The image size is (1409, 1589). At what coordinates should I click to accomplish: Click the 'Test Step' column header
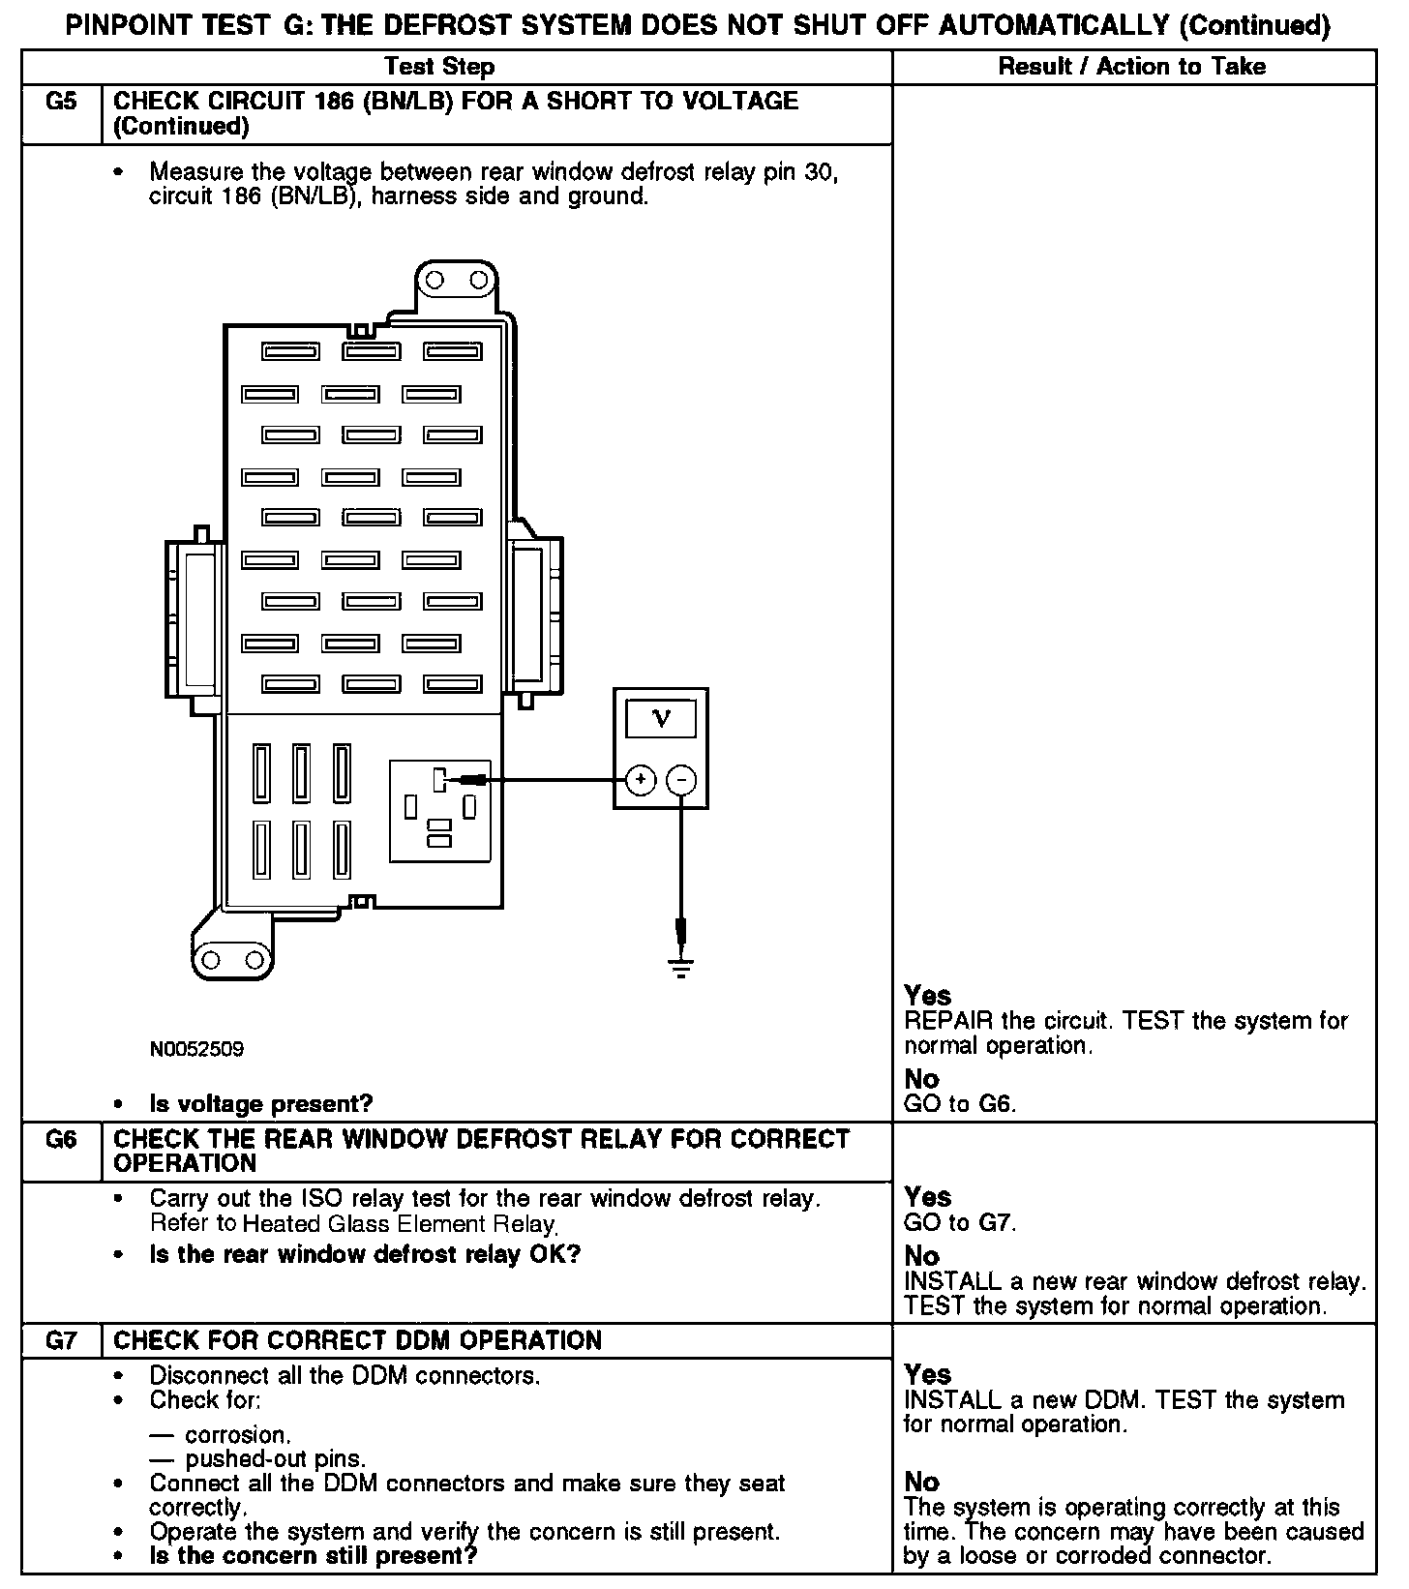pyautogui.click(x=439, y=67)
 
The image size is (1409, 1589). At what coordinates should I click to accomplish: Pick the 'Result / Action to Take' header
pyautogui.click(x=1131, y=67)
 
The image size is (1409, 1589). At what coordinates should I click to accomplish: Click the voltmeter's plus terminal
pyautogui.click(x=640, y=779)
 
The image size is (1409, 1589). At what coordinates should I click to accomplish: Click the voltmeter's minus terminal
pyautogui.click(x=682, y=779)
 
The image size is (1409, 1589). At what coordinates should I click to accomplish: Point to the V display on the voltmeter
pyautogui.click(x=662, y=718)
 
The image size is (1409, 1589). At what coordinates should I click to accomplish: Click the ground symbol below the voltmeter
pyautogui.click(x=682, y=967)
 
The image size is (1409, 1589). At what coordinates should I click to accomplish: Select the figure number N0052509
pyautogui.click(x=196, y=1049)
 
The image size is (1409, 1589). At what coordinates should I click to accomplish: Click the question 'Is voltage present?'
pyautogui.click(x=260, y=1104)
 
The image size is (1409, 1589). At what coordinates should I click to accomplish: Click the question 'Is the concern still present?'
pyautogui.click(x=313, y=1556)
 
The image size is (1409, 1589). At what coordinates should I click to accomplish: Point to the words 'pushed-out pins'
pyautogui.click(x=275, y=1458)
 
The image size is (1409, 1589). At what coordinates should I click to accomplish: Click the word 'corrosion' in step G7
pyautogui.click(x=237, y=1435)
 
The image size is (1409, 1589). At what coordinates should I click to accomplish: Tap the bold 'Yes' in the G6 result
pyautogui.click(x=927, y=1197)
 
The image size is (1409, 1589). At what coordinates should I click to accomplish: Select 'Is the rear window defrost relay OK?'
pyautogui.click(x=365, y=1255)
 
